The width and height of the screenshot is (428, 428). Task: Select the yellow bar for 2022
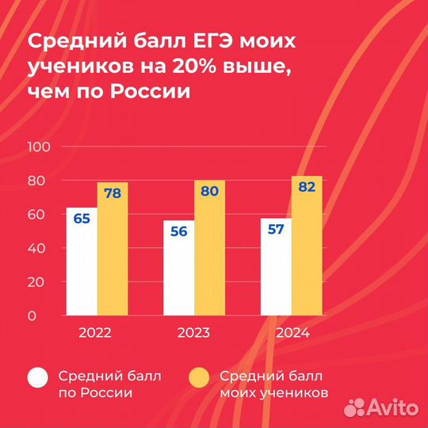pyautogui.click(x=113, y=250)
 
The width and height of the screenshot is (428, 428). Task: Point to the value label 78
pyautogui.click(x=112, y=193)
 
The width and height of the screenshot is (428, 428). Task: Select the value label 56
pyautogui.click(x=178, y=231)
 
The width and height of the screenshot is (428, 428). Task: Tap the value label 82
pyautogui.click(x=307, y=187)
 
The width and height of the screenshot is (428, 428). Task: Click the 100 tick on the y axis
pyautogui.click(x=39, y=147)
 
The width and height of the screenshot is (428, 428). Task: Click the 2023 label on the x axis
pyautogui.click(x=193, y=333)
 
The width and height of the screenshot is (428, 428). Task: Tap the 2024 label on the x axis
pyautogui.click(x=291, y=333)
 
